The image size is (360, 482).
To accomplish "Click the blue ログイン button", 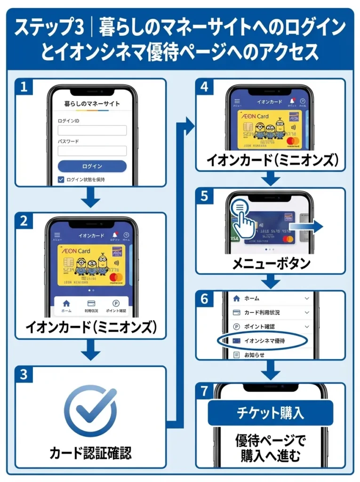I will tap(92, 166).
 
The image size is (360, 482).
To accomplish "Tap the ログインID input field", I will tap(92, 130).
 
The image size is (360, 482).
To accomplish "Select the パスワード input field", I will tap(92, 151).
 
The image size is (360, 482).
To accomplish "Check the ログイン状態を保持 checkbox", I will tap(61, 179).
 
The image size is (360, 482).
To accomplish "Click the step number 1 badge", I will tap(23, 87).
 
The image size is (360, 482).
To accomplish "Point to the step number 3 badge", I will tap(23, 375).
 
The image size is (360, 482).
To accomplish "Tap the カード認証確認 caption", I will tap(90, 453).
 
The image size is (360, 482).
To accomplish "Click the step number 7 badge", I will tap(204, 391).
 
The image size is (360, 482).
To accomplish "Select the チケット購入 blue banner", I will tap(270, 413).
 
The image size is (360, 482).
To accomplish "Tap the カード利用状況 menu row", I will tap(270, 313).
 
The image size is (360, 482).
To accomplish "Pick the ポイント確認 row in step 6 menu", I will tap(270, 326).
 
